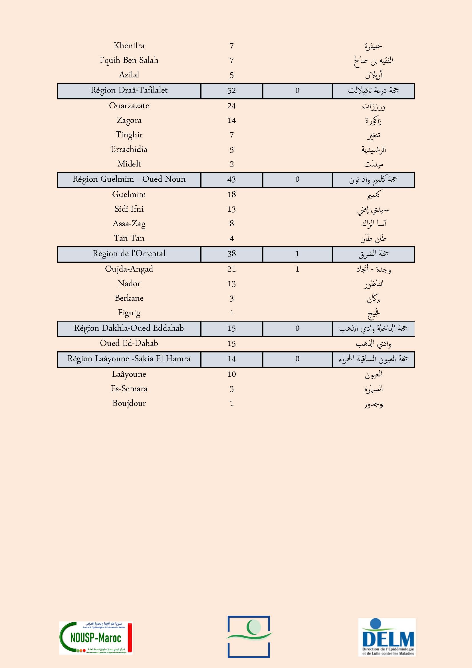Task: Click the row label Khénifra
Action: (x=129, y=46)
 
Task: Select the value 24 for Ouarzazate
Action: (x=231, y=106)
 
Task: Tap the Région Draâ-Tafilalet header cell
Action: (x=129, y=91)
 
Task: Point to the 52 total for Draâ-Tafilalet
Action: (x=231, y=91)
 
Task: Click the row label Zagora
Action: (x=129, y=120)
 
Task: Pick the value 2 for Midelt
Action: (x=231, y=164)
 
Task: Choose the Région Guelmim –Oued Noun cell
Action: (x=129, y=179)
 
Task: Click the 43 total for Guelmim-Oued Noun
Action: (x=231, y=179)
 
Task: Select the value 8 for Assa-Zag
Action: (x=231, y=223)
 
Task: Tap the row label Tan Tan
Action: (x=129, y=238)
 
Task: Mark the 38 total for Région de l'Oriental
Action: (x=231, y=254)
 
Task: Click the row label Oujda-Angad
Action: (x=129, y=269)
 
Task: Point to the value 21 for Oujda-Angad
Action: (x=231, y=269)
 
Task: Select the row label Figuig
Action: (x=129, y=313)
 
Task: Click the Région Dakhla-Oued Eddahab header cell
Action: (x=129, y=328)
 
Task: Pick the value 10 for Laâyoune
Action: (x=231, y=374)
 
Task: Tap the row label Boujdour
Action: (x=129, y=403)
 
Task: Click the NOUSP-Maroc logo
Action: (x=96, y=638)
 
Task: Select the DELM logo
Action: (x=387, y=637)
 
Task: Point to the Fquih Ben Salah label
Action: (x=129, y=60)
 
